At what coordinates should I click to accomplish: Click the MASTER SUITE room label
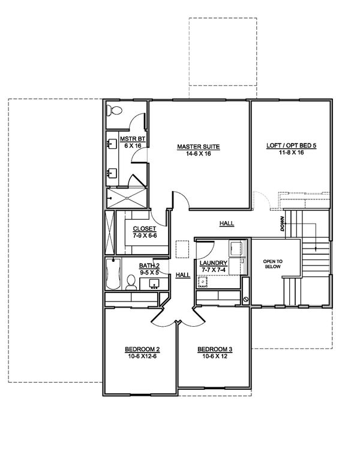[197, 147]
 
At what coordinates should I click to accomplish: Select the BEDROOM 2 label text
[141, 349]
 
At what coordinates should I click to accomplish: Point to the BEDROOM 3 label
[214, 349]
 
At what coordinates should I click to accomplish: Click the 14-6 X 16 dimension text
[197, 154]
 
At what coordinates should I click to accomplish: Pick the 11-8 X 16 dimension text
[290, 154]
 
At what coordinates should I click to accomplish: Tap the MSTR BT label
[130, 139]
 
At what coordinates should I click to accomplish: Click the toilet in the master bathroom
[114, 110]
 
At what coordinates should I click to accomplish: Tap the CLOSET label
[145, 229]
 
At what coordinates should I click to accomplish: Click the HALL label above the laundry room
[226, 223]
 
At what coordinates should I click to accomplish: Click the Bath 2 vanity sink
[154, 282]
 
